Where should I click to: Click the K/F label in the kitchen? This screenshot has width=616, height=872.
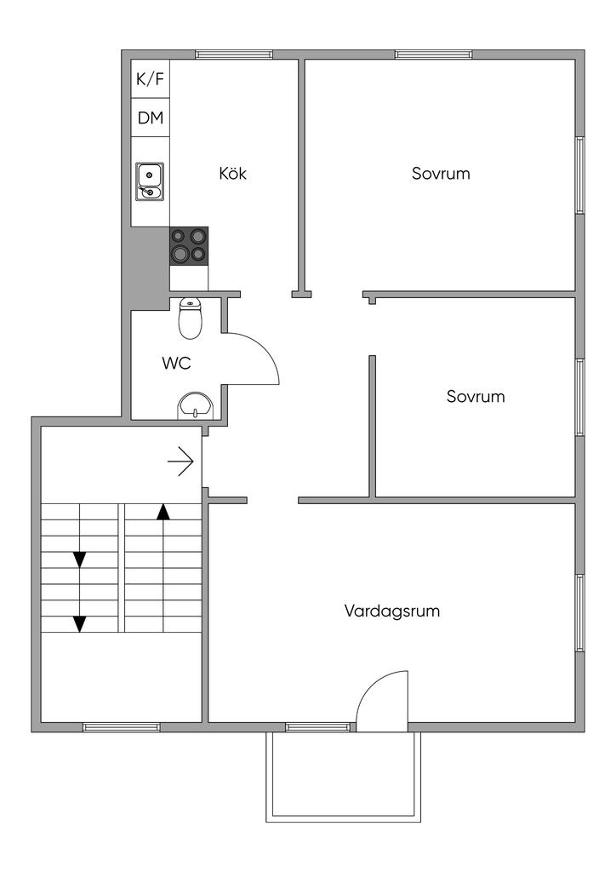pyautogui.click(x=150, y=79)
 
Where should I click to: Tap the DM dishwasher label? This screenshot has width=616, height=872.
pyautogui.click(x=150, y=118)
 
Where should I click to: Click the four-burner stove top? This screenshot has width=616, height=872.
pyautogui.click(x=189, y=245)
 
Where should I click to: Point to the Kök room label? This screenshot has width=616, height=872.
pyautogui.click(x=232, y=173)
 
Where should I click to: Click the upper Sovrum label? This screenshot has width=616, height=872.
pyautogui.click(x=441, y=173)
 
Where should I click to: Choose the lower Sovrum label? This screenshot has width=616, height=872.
pyautogui.click(x=476, y=396)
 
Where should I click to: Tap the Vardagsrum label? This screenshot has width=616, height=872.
pyautogui.click(x=392, y=611)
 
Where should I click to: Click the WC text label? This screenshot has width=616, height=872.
pyautogui.click(x=176, y=363)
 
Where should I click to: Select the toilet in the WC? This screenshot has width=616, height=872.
pyautogui.click(x=191, y=318)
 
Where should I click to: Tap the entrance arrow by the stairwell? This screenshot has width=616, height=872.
pyautogui.click(x=181, y=462)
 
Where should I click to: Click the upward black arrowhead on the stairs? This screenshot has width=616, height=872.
pyautogui.click(x=163, y=511)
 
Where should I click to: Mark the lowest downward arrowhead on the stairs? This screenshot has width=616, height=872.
pyautogui.click(x=80, y=623)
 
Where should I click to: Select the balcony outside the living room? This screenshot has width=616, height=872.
pyautogui.click(x=344, y=775)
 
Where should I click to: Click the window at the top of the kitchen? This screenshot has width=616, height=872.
pyautogui.click(x=234, y=54)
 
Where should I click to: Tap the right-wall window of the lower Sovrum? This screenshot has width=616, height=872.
pyautogui.click(x=580, y=397)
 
